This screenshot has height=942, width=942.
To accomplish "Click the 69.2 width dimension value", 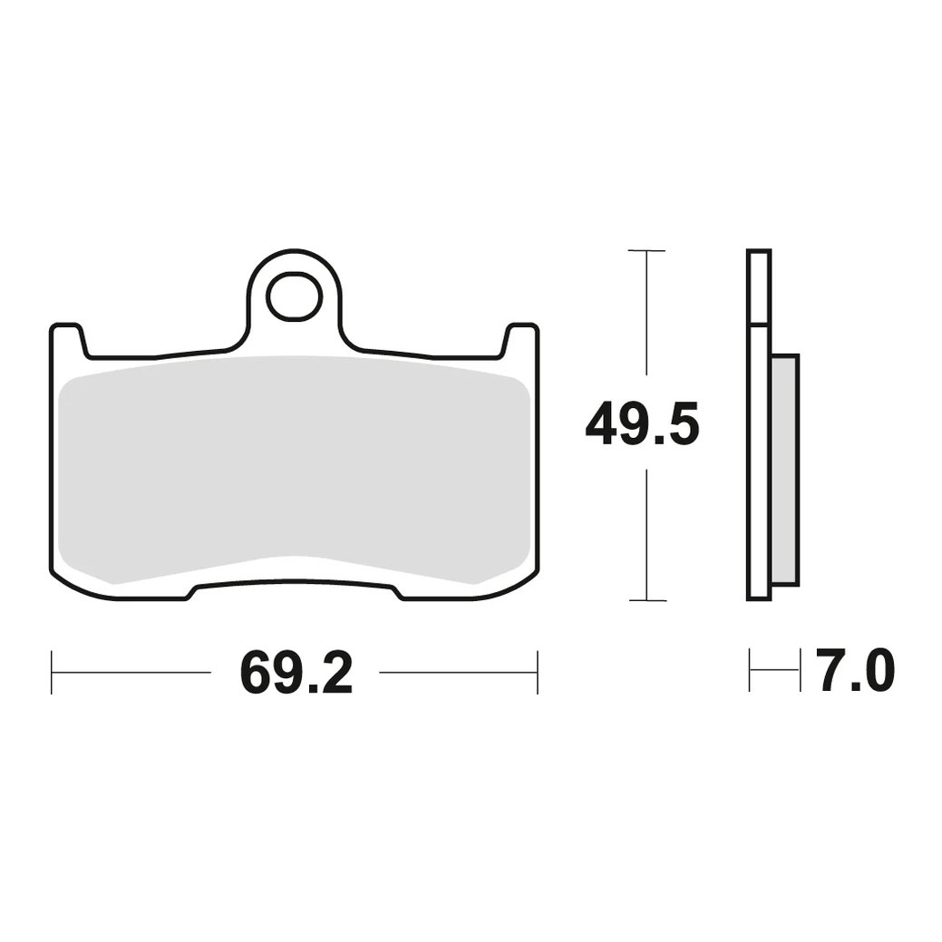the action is pos(296,672).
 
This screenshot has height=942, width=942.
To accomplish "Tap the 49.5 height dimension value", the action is pos(642,423).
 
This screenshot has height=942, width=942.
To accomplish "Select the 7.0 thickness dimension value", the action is pos(855,670).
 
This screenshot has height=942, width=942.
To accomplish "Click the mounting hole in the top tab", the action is pos(295,296).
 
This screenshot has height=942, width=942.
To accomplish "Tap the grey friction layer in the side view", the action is pos(784,470).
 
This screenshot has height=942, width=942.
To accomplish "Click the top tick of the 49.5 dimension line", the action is pos(646,250).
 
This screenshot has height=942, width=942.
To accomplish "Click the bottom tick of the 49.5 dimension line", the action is pos(646,599).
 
